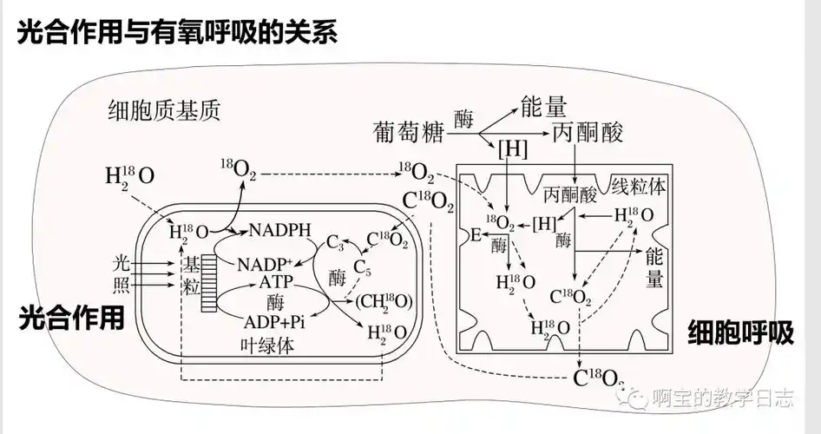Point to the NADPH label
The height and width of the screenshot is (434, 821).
pyautogui.click(x=279, y=230)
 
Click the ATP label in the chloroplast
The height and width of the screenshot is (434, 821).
pyautogui.click(x=277, y=283)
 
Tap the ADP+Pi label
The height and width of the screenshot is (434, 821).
pyautogui.click(x=276, y=322)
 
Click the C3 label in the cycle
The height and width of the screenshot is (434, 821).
pyautogui.click(x=336, y=245)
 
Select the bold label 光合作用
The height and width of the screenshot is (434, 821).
pyautogui.click(x=71, y=318)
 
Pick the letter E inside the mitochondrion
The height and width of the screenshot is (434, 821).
pyautogui.click(x=475, y=234)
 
